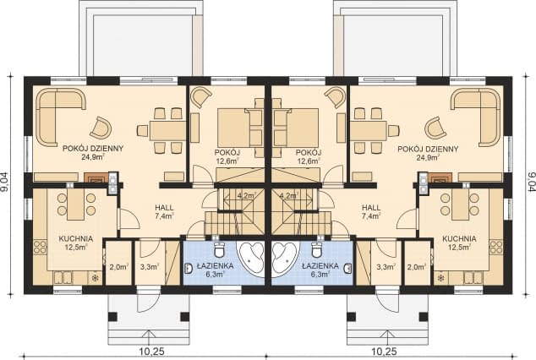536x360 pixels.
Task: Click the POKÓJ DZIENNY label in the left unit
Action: click(93, 149)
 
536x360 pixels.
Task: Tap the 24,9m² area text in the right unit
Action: click(428, 157)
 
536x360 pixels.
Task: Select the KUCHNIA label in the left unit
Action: click(76, 238)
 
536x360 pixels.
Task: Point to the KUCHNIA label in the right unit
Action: click(459, 238)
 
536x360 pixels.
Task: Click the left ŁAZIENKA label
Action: click(215, 265)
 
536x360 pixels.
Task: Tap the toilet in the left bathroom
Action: click(219, 249)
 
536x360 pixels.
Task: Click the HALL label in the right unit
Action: click(371, 207)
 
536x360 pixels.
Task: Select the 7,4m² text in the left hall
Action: click(164, 215)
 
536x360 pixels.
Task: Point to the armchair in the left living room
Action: click(101, 128)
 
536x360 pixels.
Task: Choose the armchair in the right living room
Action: click(435, 128)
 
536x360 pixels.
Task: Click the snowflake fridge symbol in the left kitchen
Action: click(95, 278)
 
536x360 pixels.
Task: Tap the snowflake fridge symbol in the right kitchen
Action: click(441, 278)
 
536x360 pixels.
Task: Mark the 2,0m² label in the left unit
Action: click(118, 267)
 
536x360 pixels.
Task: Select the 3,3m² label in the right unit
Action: click(386, 267)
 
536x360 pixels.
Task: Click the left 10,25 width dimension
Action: click(152, 351)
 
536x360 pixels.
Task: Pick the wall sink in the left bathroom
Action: click(188, 269)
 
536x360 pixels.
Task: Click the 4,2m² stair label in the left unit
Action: click(247, 196)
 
